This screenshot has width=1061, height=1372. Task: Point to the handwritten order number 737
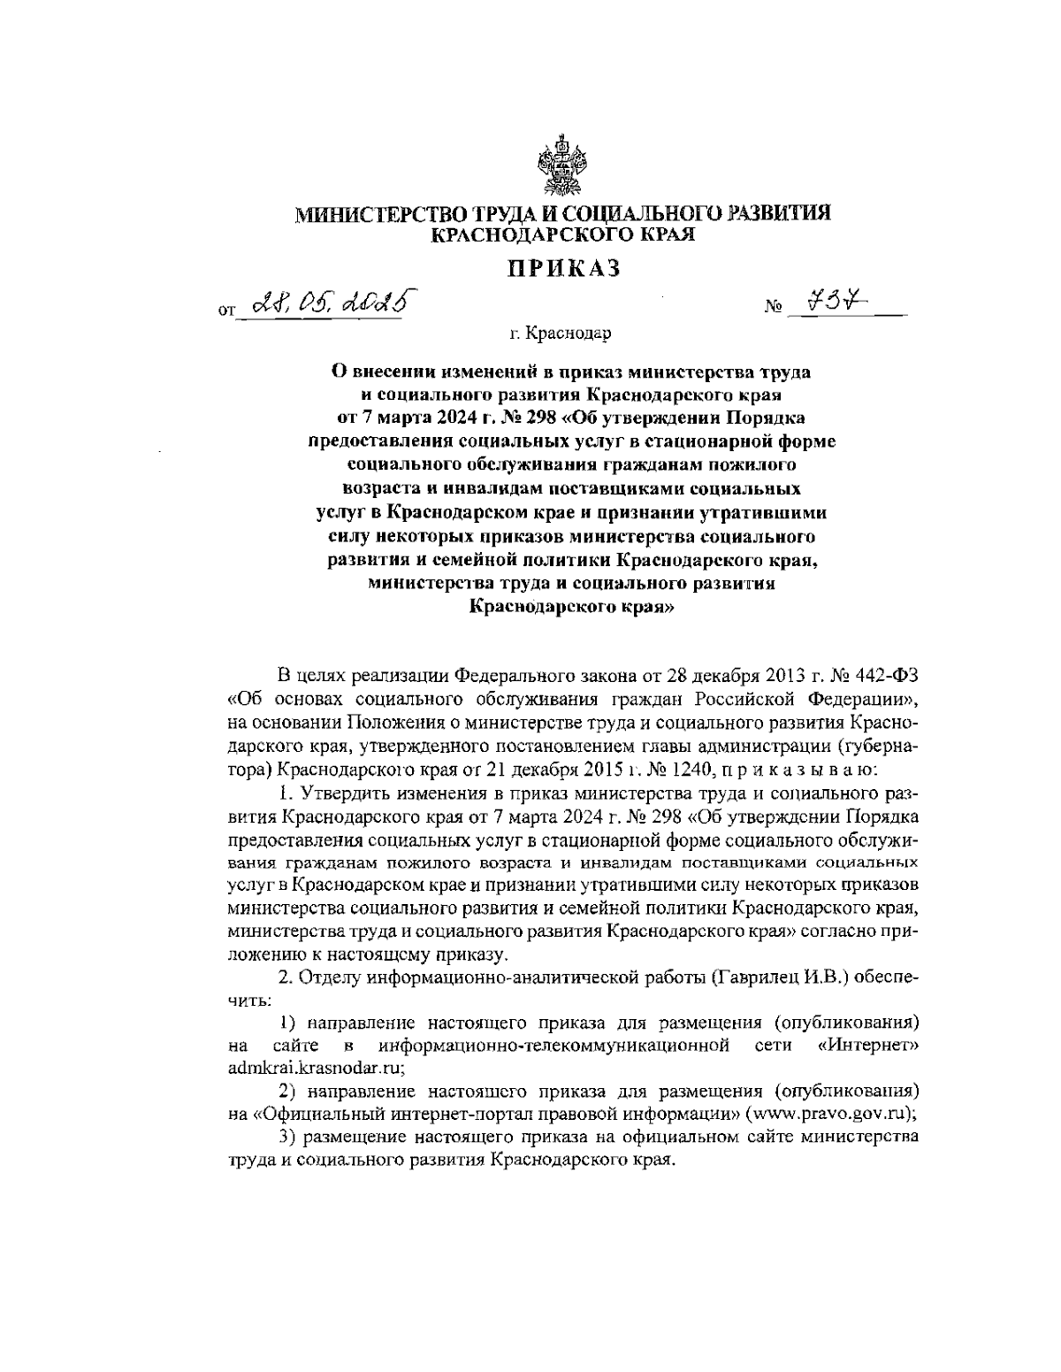(x=829, y=303)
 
